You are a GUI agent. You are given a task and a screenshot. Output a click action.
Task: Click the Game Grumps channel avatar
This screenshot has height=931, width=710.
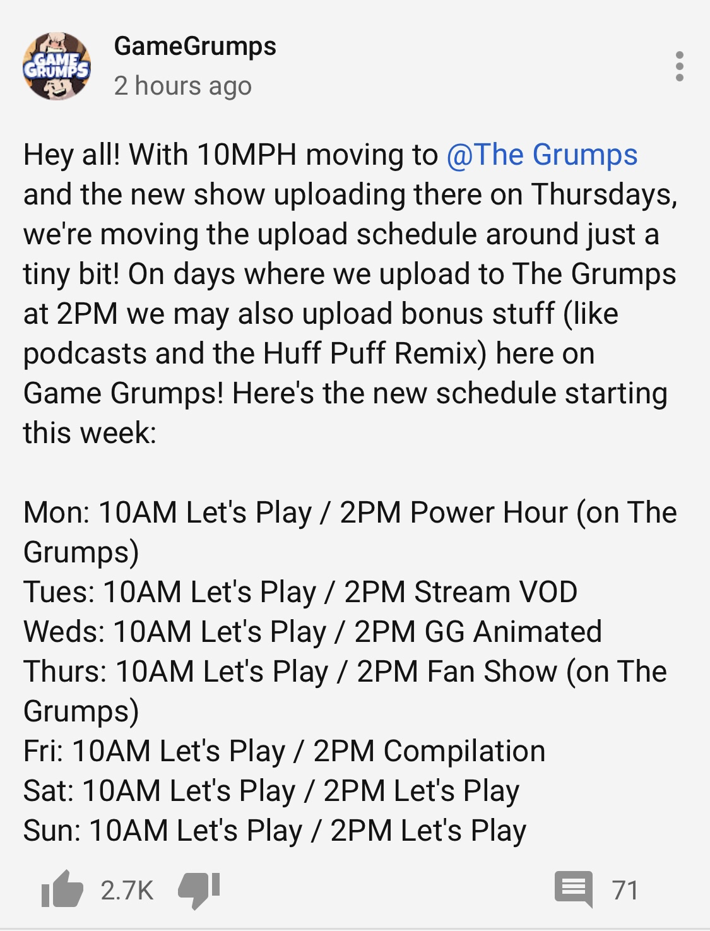(56, 66)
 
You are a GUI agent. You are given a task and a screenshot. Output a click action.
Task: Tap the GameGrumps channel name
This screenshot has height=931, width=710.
(195, 47)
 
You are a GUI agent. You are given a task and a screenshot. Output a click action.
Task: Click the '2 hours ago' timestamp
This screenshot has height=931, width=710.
(183, 86)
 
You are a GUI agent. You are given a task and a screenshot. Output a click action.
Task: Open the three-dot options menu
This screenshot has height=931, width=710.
(680, 66)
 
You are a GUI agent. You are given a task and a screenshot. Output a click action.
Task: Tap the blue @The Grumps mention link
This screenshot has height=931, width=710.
(542, 155)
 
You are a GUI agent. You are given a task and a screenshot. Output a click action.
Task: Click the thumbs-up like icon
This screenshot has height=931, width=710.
(62, 889)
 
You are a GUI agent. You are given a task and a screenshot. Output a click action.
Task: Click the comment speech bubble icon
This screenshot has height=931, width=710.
(574, 889)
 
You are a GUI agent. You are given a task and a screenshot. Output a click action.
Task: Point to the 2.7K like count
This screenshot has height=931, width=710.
(127, 890)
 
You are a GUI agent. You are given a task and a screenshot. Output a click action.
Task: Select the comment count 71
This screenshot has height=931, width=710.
(625, 890)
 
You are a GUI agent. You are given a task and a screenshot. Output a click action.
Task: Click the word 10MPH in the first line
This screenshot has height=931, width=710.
(247, 155)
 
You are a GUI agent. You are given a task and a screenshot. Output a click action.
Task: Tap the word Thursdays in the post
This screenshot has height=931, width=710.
(604, 194)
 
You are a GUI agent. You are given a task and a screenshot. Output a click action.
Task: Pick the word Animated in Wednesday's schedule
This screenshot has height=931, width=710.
(537, 632)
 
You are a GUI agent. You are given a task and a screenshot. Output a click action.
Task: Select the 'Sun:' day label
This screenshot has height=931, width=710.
(52, 831)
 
